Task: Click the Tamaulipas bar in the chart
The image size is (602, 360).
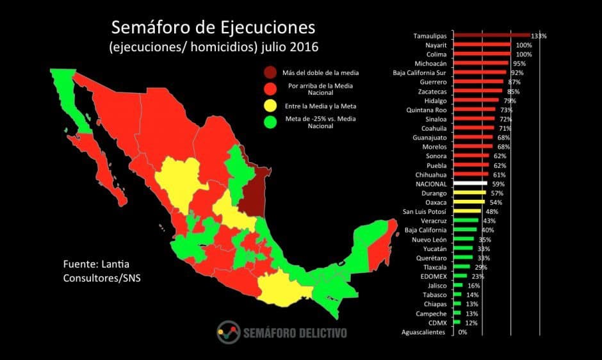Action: (x=491, y=36)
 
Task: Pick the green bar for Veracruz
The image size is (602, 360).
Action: (x=466, y=221)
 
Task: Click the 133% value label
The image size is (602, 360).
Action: (x=539, y=36)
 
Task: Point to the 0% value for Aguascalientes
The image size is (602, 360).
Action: (x=462, y=332)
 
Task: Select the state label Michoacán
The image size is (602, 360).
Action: (x=431, y=63)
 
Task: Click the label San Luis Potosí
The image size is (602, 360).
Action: (x=424, y=211)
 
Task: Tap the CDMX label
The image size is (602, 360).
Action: (x=438, y=323)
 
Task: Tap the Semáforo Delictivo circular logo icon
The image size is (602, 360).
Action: (x=228, y=332)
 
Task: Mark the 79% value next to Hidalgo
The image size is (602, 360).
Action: (x=509, y=101)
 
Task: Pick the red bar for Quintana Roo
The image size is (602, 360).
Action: (x=475, y=110)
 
